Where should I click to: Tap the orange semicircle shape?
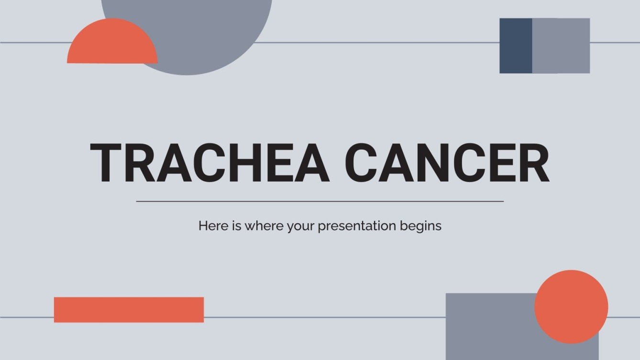pos(112,45)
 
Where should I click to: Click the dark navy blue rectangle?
pos(516,46)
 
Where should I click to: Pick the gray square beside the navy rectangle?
pos(561,46)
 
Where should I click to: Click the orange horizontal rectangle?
pos(129,310)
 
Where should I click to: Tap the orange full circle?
pos(571,307)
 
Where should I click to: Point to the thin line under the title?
pos(320,201)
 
